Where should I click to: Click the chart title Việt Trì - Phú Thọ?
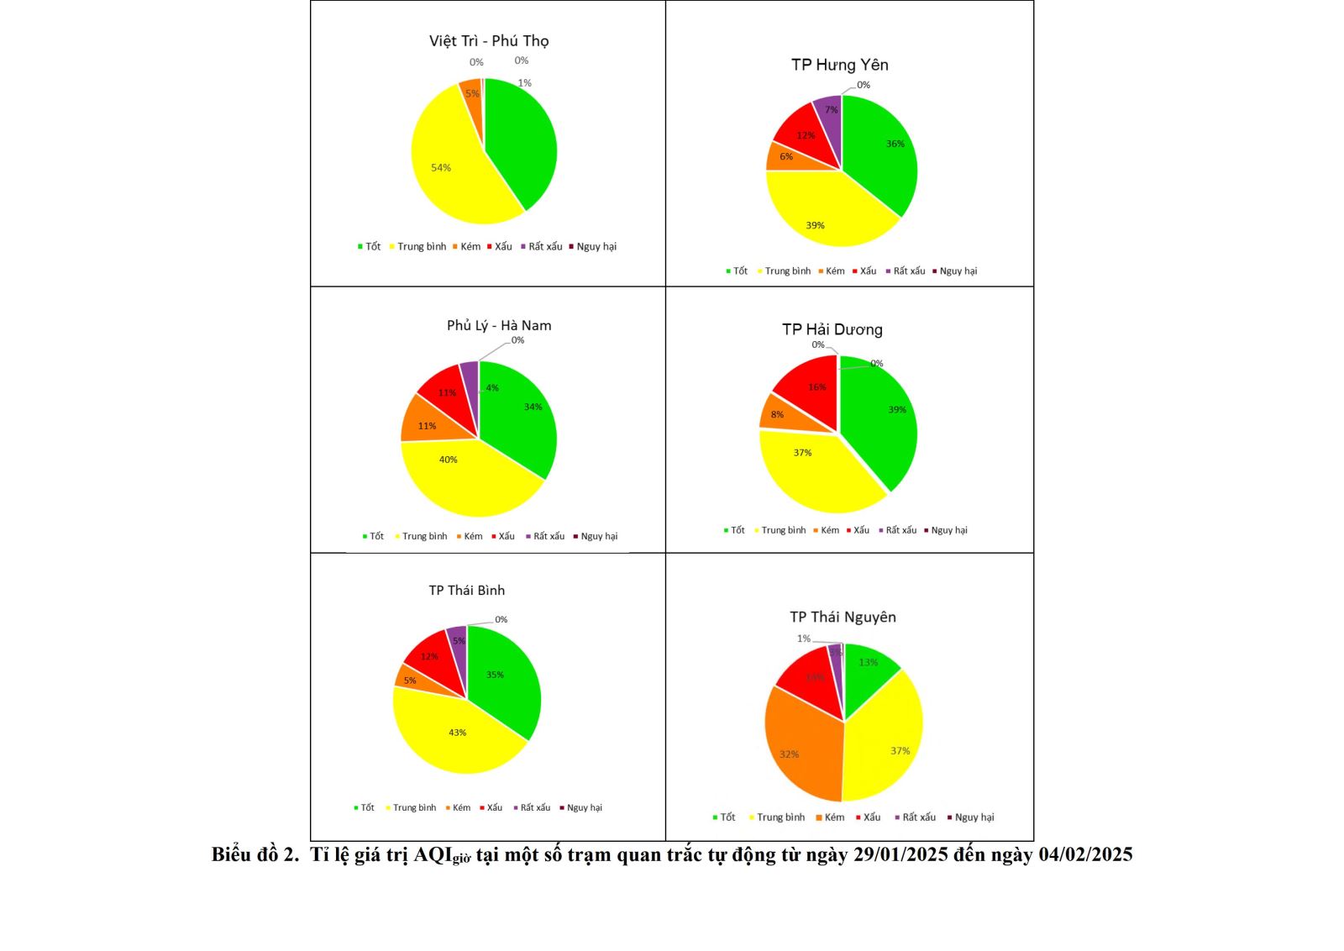[489, 41]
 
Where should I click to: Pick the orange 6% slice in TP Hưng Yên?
[783, 157]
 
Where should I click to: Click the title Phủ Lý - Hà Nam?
[499, 326]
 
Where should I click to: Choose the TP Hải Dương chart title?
[832, 329]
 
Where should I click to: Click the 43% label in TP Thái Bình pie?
[457, 733]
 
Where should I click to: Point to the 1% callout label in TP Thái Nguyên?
[804, 638]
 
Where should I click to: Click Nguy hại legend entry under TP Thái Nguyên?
[974, 817]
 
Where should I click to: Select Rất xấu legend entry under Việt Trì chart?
[545, 247]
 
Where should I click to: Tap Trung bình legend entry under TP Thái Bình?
[414, 808]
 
